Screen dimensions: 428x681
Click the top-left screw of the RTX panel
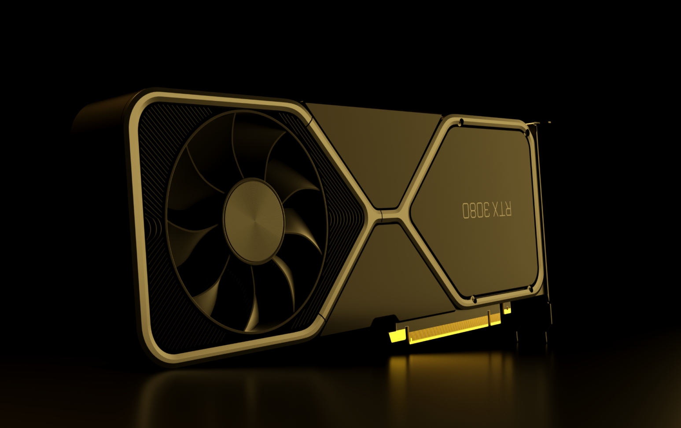tap(461, 121)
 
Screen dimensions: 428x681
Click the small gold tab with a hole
tap(507, 308)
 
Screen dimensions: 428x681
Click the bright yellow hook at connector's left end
tap(396, 337)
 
